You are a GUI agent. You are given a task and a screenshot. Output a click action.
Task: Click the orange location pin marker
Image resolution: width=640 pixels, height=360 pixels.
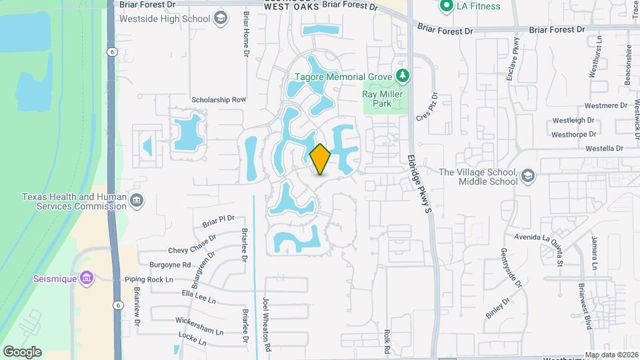[x=320, y=159]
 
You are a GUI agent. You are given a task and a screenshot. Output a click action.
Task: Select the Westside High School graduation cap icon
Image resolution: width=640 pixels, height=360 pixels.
[x=219, y=19]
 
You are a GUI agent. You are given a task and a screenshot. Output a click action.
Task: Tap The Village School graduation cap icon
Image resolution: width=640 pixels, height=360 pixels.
[x=528, y=176]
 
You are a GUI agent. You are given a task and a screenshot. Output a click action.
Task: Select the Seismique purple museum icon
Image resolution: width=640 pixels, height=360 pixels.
[x=85, y=278]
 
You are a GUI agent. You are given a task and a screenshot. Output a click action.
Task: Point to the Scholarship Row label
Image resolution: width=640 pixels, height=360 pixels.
[x=219, y=99]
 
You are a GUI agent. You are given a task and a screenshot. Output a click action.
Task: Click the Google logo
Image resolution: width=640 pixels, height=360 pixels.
[x=22, y=352]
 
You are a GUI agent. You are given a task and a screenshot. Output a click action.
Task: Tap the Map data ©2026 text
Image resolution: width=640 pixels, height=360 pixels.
[x=611, y=355]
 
